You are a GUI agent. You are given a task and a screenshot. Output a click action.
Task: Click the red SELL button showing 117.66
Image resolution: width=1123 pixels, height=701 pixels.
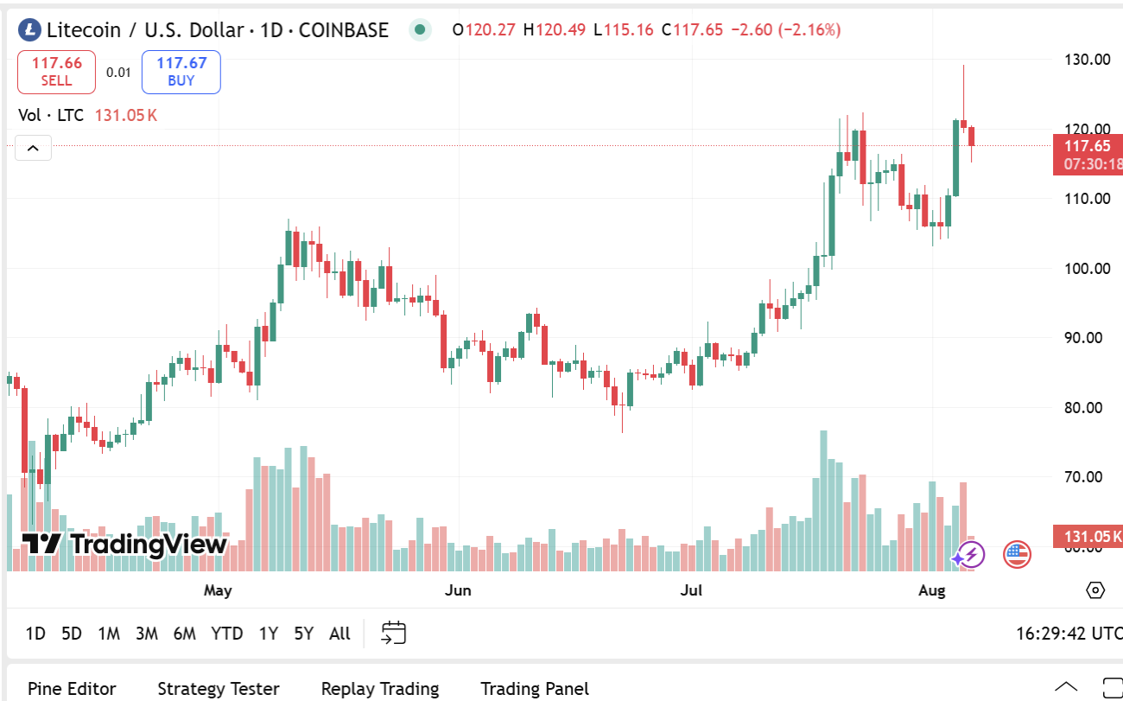click(56, 72)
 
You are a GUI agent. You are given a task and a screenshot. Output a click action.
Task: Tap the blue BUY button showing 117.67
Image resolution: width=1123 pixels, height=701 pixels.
click(181, 72)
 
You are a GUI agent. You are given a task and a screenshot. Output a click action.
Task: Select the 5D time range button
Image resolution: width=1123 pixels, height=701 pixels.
click(71, 634)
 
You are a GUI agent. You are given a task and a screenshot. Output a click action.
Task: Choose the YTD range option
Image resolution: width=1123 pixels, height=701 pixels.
click(226, 634)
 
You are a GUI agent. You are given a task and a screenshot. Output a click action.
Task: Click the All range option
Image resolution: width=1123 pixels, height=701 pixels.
click(339, 634)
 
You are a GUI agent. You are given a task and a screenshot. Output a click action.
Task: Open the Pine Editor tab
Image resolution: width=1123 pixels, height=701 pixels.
click(72, 689)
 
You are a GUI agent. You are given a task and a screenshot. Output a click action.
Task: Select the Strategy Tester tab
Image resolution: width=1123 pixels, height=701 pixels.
click(218, 689)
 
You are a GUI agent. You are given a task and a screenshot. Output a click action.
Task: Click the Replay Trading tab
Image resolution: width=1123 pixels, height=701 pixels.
click(379, 689)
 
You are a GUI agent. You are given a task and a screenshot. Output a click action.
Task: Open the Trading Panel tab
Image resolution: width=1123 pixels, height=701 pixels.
click(535, 689)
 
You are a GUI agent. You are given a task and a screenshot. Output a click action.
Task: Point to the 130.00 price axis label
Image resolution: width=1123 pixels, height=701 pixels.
click(1087, 60)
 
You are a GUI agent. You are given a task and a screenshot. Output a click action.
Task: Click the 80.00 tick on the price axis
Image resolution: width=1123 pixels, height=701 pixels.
click(1087, 407)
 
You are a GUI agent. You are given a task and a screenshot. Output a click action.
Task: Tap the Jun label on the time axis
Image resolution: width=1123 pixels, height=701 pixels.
click(458, 590)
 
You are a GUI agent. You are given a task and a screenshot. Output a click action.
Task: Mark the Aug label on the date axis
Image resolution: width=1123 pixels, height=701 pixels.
click(932, 590)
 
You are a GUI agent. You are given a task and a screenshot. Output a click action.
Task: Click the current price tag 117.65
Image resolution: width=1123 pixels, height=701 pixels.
click(1087, 147)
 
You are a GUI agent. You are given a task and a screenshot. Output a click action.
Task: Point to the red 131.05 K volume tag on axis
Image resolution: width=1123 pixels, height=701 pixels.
click(1087, 537)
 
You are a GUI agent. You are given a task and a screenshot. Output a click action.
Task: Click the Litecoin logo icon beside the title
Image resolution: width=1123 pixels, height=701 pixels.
click(30, 30)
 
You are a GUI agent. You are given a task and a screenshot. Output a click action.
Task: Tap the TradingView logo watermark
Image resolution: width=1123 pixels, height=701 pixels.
click(124, 544)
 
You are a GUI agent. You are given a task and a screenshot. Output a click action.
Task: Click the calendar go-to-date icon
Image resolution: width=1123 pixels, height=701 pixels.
click(393, 633)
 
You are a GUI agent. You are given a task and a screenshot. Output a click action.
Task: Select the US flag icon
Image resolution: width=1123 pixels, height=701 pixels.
click(1017, 554)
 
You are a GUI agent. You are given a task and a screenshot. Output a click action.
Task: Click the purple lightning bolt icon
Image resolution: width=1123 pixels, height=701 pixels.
click(970, 554)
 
